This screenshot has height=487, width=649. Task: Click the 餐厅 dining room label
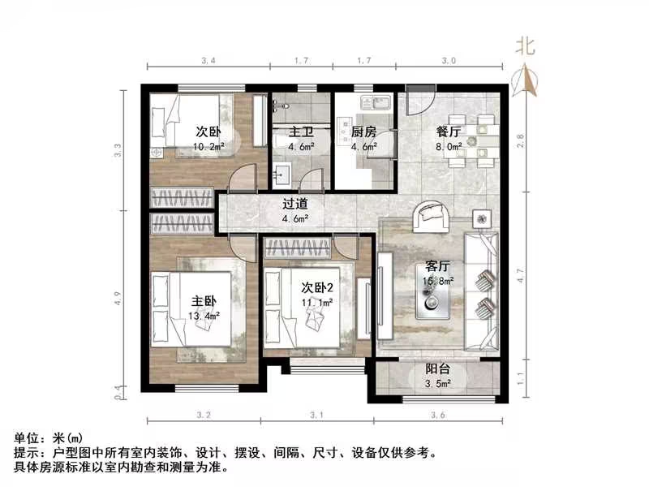point(448,132)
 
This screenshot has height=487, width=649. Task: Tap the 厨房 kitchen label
point(363,132)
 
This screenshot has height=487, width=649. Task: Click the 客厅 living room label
point(438,266)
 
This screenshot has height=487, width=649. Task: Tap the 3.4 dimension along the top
point(208,60)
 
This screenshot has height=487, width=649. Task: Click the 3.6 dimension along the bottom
point(438,416)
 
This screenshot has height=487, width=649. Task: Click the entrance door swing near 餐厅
point(422,106)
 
